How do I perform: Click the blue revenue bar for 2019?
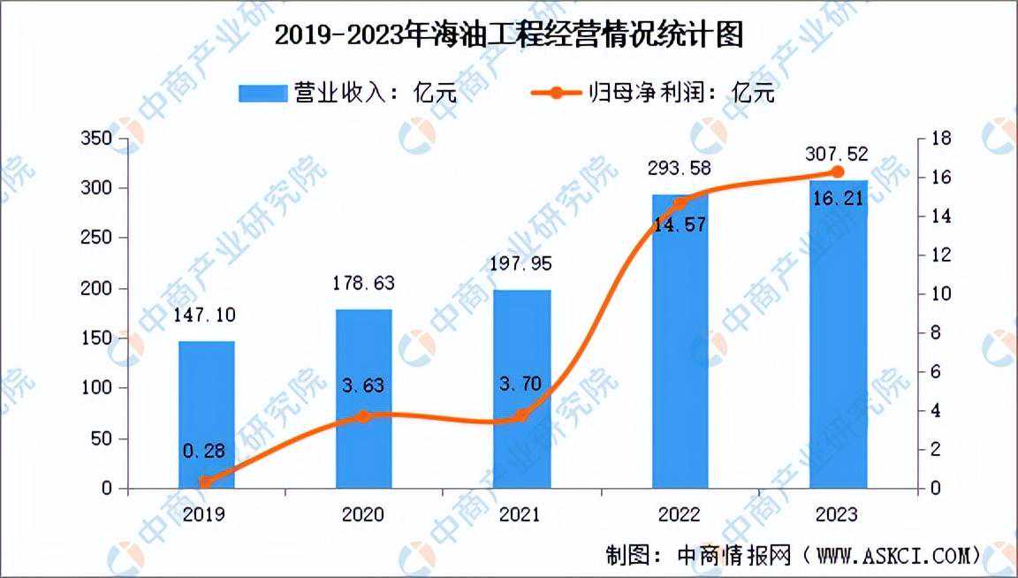click(207, 414)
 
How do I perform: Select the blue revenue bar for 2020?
click(363, 399)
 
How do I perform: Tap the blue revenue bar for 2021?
click(522, 389)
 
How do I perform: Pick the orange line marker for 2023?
click(838, 171)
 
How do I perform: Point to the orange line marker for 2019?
click(205, 482)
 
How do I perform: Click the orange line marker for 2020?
click(363, 416)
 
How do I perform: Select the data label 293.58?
click(679, 168)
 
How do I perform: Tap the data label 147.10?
click(204, 316)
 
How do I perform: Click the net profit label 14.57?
click(680, 225)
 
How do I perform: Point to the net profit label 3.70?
click(520, 384)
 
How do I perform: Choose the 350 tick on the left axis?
click(96, 139)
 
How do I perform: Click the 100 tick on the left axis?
click(96, 388)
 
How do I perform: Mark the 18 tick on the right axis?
click(941, 139)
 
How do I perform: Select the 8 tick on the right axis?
click(936, 333)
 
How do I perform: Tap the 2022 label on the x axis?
click(679, 514)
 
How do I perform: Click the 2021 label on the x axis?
click(520, 514)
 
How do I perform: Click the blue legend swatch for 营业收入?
click(263, 93)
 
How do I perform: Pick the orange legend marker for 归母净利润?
click(556, 93)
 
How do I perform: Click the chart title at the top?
click(509, 34)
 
